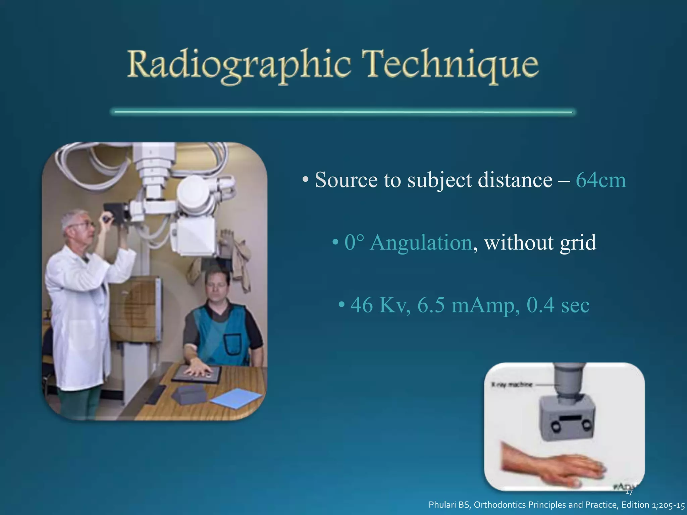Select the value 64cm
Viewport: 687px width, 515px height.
(600, 180)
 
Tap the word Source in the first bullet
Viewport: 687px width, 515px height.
(346, 180)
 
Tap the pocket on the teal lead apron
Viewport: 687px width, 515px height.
(233, 345)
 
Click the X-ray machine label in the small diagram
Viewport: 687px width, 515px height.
(511, 385)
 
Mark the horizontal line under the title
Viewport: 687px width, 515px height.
(343, 112)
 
